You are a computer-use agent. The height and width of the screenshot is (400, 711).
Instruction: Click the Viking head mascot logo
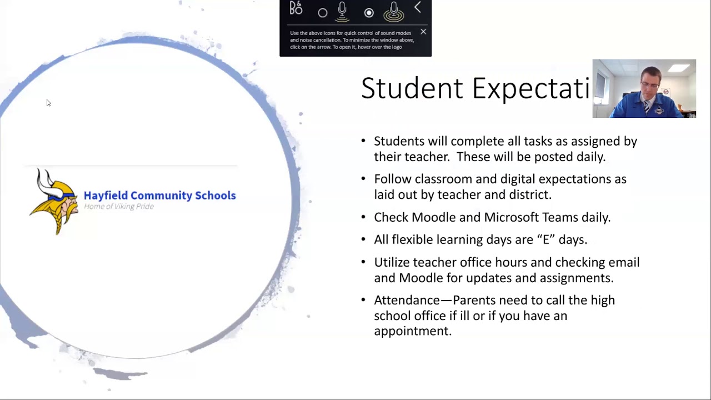pos(54,201)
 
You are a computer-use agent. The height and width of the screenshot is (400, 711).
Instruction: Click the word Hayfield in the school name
pos(105,196)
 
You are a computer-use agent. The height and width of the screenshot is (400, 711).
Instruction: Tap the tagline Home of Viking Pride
pos(119,207)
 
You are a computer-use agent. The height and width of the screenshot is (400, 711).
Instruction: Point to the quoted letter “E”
pos(546,239)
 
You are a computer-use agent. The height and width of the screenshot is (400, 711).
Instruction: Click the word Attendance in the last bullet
pos(407,300)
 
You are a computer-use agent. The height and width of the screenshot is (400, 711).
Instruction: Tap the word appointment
pos(412,331)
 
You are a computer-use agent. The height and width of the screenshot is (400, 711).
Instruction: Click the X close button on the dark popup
pos(423,32)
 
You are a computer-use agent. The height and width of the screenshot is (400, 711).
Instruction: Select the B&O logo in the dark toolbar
pos(296,8)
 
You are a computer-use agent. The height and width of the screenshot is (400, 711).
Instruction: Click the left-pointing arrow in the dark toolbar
pos(418,8)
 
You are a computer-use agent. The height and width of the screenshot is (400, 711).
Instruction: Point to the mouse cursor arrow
pos(48,103)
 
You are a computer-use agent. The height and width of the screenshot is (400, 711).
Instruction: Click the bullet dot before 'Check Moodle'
pos(363,217)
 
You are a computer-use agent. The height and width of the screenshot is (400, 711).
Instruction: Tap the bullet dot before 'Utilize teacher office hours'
pos(363,262)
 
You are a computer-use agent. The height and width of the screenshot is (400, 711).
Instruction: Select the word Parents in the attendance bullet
pos(474,300)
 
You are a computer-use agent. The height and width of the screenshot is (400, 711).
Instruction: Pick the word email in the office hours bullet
pos(624,262)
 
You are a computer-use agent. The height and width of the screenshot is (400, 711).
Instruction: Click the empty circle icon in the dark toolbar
pos(323,13)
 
